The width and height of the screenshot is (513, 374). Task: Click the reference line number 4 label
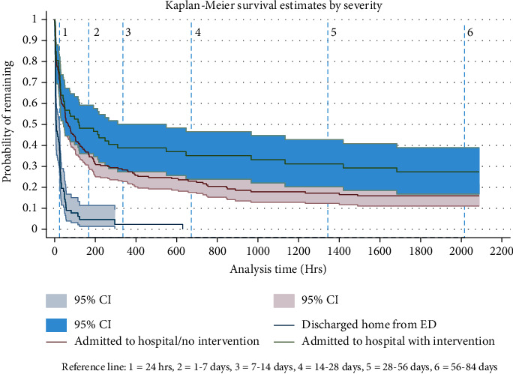coord(197,32)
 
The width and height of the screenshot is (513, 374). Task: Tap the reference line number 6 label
coord(469,32)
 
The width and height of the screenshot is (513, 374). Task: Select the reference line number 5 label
coord(333,32)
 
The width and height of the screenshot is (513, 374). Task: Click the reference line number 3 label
coord(128,32)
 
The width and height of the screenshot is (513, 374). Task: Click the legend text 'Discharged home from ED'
coord(363,325)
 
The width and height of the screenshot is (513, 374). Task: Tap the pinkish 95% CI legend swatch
coord(286,301)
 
